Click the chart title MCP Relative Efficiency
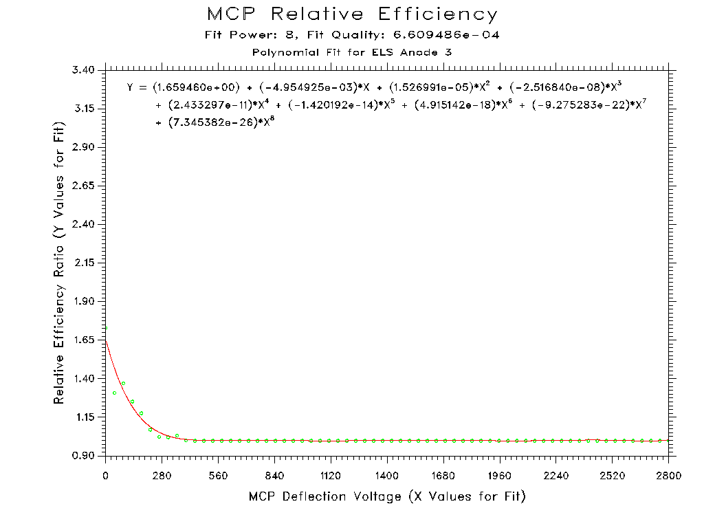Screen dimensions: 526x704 pos(352,14)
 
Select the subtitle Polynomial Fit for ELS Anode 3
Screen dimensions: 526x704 pos(352,52)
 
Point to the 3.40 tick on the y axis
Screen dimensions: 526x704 pos(85,70)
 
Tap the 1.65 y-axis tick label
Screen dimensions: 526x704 pos(85,340)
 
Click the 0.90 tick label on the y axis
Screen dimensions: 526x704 pos(85,456)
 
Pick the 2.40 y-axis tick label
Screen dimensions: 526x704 pos(85,225)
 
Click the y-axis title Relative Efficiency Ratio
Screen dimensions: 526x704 pos(60,263)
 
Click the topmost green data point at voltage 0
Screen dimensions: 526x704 pos(105,328)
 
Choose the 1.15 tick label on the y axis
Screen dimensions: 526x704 pos(85,417)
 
